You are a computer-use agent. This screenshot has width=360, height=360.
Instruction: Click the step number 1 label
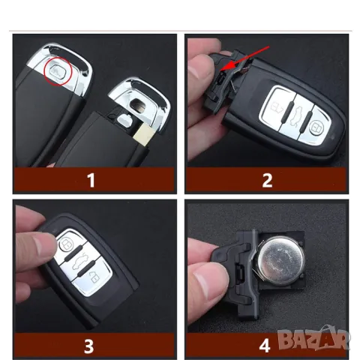click(91, 180)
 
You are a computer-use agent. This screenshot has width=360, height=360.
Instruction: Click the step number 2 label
click(267, 180)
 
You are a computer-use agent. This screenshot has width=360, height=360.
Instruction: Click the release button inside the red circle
click(58, 72)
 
